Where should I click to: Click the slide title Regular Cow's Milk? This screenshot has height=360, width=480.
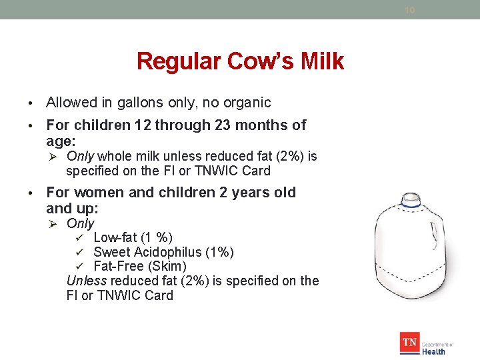point(240,61)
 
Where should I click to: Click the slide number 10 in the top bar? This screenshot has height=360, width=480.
point(409,10)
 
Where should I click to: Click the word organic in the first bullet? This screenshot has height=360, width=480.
point(247,103)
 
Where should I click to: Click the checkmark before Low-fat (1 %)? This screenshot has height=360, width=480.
point(79,238)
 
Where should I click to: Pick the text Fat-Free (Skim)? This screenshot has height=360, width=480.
point(140,267)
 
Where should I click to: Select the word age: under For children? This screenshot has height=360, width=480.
point(61,141)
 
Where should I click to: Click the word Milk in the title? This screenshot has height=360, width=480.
point(321,61)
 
